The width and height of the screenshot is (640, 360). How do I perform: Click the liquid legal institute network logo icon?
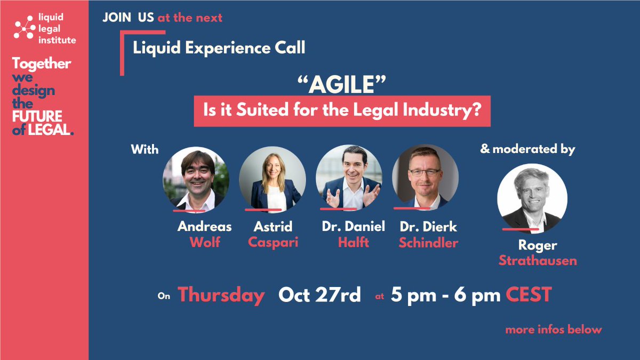click(25, 28)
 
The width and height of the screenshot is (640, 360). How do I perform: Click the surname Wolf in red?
click(205, 243)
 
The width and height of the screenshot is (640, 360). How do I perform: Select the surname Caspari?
click(273, 243)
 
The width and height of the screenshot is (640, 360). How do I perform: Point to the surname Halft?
click(353, 243)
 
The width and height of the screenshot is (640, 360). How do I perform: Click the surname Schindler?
click(429, 243)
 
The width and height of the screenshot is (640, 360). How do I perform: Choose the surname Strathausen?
click(538, 261)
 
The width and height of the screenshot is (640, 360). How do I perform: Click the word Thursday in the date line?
click(221, 295)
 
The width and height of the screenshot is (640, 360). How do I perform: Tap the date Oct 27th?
click(319, 295)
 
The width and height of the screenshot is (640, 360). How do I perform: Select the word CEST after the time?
click(529, 295)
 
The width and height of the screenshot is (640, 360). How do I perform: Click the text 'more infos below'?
click(554, 330)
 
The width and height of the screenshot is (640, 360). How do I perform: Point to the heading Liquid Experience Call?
click(219, 48)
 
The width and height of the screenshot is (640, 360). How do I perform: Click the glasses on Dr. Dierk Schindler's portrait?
click(425, 172)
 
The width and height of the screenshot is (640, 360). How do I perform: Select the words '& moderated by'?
click(527, 149)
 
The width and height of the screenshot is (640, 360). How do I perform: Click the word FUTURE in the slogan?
click(37, 116)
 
